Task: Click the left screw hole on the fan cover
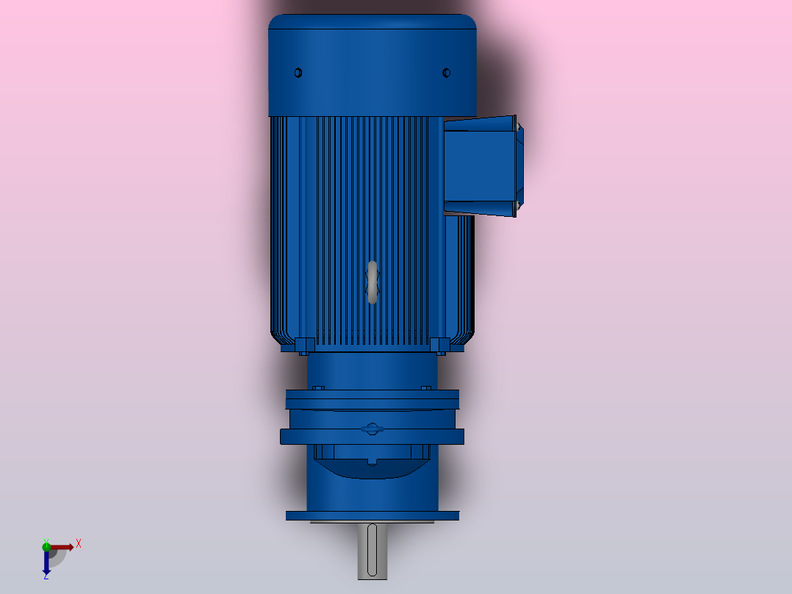click(x=298, y=73)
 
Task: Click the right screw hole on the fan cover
click(x=446, y=73)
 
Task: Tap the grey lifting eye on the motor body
click(x=372, y=282)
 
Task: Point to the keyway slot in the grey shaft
click(x=372, y=550)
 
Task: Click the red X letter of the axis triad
click(x=79, y=544)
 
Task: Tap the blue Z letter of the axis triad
click(x=46, y=576)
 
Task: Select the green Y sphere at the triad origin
click(x=46, y=546)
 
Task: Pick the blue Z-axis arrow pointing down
click(x=46, y=562)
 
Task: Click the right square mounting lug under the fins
click(x=439, y=344)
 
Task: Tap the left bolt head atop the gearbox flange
click(x=318, y=387)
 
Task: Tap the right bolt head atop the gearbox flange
click(x=425, y=387)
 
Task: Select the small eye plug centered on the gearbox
click(x=372, y=429)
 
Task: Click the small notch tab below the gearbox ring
click(x=372, y=462)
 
